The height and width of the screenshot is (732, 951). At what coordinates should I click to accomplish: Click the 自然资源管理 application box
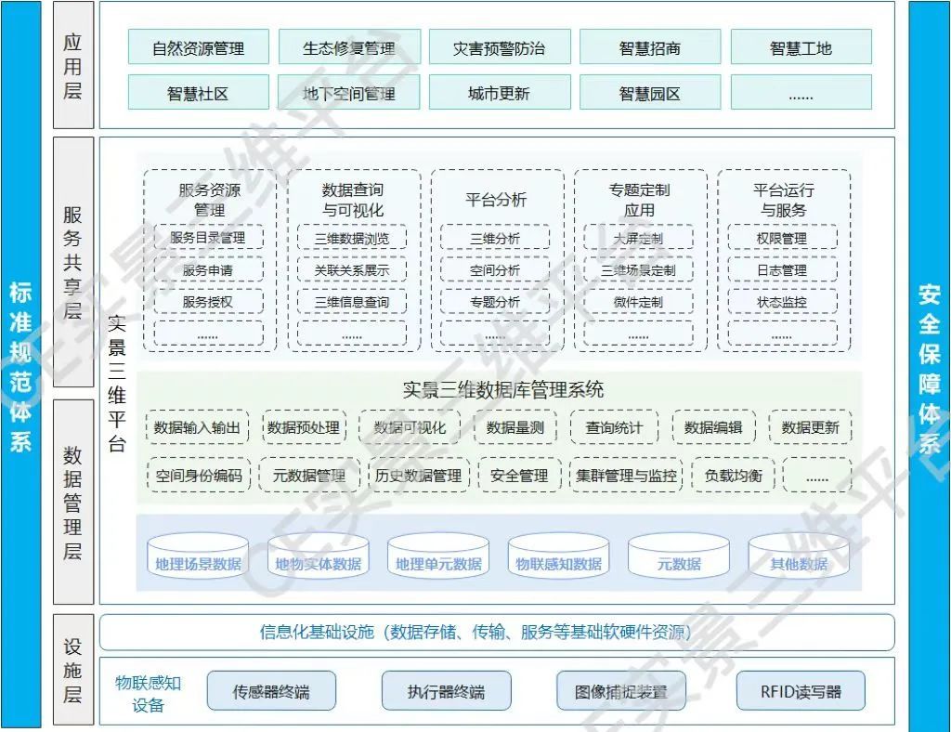point(198,48)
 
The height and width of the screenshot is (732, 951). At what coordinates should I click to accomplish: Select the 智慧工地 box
point(801,48)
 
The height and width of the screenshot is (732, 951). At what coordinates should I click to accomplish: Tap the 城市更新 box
point(499,93)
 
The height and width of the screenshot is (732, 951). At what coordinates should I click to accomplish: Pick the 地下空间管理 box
point(348,93)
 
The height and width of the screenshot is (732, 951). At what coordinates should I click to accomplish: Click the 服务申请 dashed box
point(208,270)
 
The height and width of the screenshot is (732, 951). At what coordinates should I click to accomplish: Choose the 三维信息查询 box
point(352,302)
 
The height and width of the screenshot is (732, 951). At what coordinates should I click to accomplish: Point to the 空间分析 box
point(495,270)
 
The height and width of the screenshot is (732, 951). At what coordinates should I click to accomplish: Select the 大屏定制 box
point(638,239)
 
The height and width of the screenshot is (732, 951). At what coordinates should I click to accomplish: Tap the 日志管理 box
point(781,270)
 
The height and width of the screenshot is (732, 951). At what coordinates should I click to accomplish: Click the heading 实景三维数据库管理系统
point(502,389)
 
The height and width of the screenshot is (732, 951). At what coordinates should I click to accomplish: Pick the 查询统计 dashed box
point(613,427)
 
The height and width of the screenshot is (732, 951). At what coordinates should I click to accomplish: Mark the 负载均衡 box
point(733,476)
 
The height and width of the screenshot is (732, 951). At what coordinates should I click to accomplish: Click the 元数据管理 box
point(308,476)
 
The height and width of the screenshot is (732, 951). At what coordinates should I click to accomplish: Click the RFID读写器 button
point(800,691)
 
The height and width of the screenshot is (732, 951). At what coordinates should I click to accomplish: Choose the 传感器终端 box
point(270,691)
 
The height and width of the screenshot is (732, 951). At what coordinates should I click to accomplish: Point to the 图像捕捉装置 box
point(620,691)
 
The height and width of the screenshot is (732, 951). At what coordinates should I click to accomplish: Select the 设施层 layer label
point(72,669)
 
